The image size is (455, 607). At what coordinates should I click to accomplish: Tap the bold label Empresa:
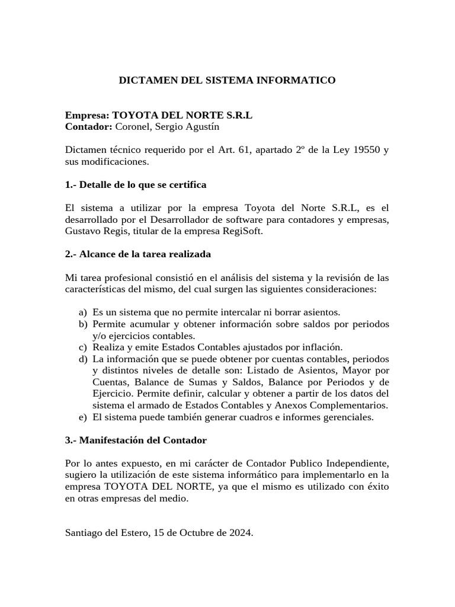pyautogui.click(x=87, y=116)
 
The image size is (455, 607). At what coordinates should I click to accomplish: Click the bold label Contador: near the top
pyautogui.click(x=89, y=127)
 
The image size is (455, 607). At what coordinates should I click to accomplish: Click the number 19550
pyautogui.click(x=362, y=151)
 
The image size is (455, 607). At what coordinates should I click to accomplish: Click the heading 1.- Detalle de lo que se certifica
pyautogui.click(x=136, y=185)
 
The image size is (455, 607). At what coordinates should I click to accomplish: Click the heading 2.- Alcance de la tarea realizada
pyautogui.click(x=137, y=254)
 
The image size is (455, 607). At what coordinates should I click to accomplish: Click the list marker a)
pyautogui.click(x=82, y=312)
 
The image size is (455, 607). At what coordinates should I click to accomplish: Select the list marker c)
pyautogui.click(x=82, y=347)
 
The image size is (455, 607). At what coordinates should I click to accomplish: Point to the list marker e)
pyautogui.click(x=82, y=417)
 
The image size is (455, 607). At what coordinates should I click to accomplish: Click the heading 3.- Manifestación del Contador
pyautogui.click(x=136, y=440)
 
